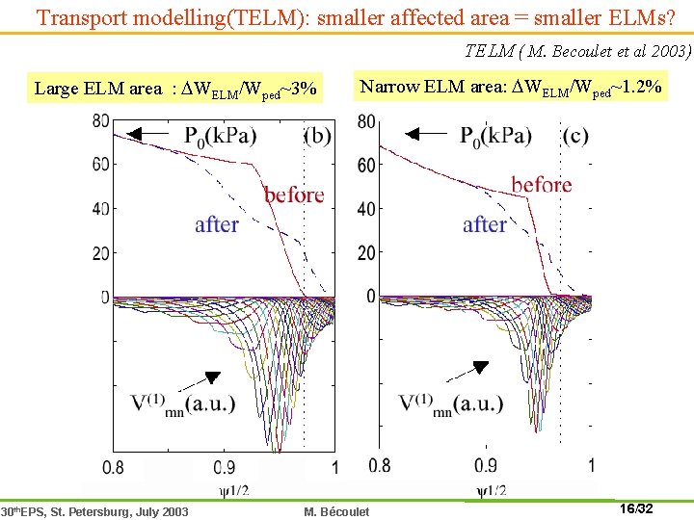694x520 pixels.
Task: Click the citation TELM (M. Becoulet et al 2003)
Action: pos(577,51)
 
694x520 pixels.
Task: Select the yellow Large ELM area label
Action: pos(174,89)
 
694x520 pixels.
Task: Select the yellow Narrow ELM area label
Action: pos(510,87)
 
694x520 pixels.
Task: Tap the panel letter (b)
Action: pos(317,136)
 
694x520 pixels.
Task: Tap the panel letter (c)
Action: pos(575,136)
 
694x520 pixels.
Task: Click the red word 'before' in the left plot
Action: pos(294,195)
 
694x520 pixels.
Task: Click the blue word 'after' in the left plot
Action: pos(217,224)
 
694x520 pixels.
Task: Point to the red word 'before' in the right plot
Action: pos(542,184)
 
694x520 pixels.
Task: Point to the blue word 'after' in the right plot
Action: pos(485,224)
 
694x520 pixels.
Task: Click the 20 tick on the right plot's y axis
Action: pos(367,252)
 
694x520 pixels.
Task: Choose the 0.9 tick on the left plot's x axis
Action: pos(223,467)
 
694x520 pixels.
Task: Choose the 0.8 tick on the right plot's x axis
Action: pos(380,466)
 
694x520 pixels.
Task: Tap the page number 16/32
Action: pos(633,507)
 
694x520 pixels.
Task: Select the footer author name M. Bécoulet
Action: pos(336,510)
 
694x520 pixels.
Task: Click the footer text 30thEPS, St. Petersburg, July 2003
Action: pos(94,510)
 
